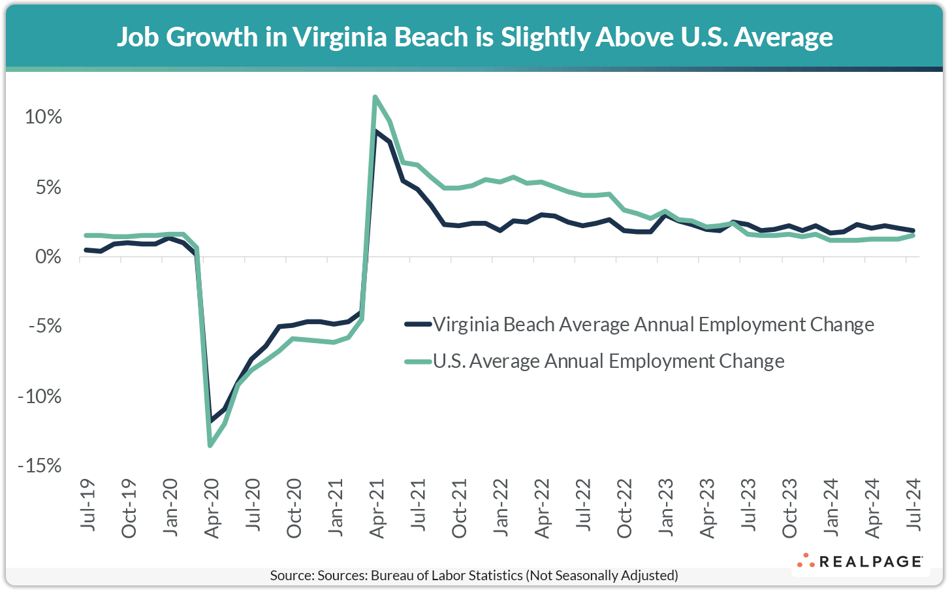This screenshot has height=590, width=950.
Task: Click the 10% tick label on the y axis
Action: click(43, 117)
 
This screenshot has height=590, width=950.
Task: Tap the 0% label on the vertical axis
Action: click(49, 257)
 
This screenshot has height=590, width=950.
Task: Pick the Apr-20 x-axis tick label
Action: click(212, 508)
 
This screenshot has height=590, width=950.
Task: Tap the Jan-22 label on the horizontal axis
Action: click(501, 507)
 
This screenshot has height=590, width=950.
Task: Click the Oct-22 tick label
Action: click(625, 508)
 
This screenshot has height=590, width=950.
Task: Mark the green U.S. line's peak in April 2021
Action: click(375, 97)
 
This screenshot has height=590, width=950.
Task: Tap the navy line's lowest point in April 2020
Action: click(210, 421)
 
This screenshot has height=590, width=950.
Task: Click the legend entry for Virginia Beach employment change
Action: click(653, 324)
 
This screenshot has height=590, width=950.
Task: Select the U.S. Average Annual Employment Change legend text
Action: click(609, 361)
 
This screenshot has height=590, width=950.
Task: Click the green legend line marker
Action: click(418, 361)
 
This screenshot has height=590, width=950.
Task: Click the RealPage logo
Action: click(860, 561)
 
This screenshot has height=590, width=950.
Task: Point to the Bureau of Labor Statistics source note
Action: click(474, 576)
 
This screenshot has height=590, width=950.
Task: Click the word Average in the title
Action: click(784, 37)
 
